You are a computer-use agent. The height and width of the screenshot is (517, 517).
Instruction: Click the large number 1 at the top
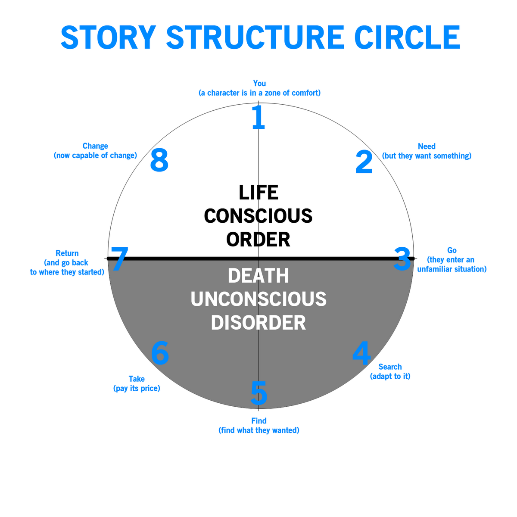click(x=258, y=118)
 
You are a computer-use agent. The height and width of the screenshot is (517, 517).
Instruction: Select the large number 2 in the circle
click(x=364, y=162)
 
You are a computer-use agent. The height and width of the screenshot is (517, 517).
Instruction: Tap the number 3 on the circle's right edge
click(x=402, y=259)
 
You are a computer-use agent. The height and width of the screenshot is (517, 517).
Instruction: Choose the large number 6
click(x=160, y=353)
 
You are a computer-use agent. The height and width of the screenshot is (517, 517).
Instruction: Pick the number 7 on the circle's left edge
click(x=119, y=259)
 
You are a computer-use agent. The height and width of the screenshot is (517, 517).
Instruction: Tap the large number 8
click(x=159, y=161)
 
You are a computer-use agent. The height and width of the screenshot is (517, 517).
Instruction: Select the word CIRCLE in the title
click(x=406, y=37)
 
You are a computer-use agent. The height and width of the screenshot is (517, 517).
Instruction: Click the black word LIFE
click(x=258, y=193)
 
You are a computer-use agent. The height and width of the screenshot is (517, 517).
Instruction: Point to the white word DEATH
click(x=258, y=276)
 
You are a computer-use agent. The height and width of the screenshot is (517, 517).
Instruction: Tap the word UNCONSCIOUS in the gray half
click(x=258, y=299)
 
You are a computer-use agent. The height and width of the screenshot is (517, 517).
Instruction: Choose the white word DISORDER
click(x=258, y=323)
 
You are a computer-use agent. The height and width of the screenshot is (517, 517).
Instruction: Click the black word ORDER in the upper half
click(x=258, y=240)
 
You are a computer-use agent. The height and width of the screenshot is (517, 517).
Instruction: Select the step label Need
click(x=427, y=146)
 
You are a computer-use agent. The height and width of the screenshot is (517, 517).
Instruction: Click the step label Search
click(x=390, y=367)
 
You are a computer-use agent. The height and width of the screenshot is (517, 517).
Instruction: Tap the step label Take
click(x=137, y=379)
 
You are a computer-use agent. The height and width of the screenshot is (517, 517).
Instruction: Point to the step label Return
click(x=67, y=253)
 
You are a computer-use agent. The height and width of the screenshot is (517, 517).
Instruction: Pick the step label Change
click(x=95, y=146)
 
